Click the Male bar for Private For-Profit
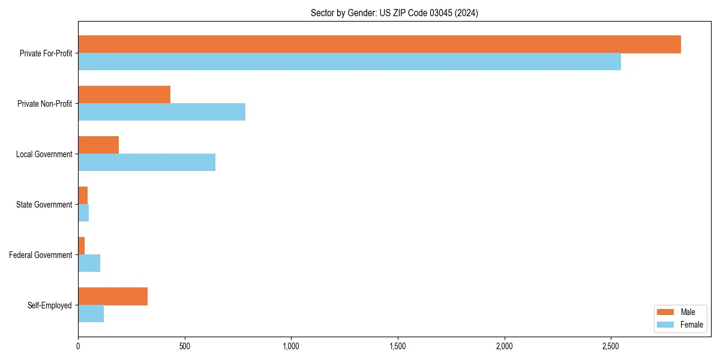[x=379, y=44]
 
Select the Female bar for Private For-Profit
[x=349, y=62]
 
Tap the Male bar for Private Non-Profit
[x=124, y=95]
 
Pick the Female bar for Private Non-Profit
[x=161, y=112]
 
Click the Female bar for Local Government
[x=146, y=163]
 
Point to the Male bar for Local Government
[x=98, y=145]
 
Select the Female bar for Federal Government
[x=89, y=263]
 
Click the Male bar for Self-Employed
[x=113, y=296]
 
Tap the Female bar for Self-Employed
[x=91, y=314]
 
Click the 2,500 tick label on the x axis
[x=611, y=346]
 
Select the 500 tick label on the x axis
[x=184, y=346]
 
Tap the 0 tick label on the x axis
[x=78, y=346]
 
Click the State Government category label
[x=44, y=205]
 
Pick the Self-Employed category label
[x=49, y=305]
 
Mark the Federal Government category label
[x=40, y=255]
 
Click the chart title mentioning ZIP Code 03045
[x=394, y=13]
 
